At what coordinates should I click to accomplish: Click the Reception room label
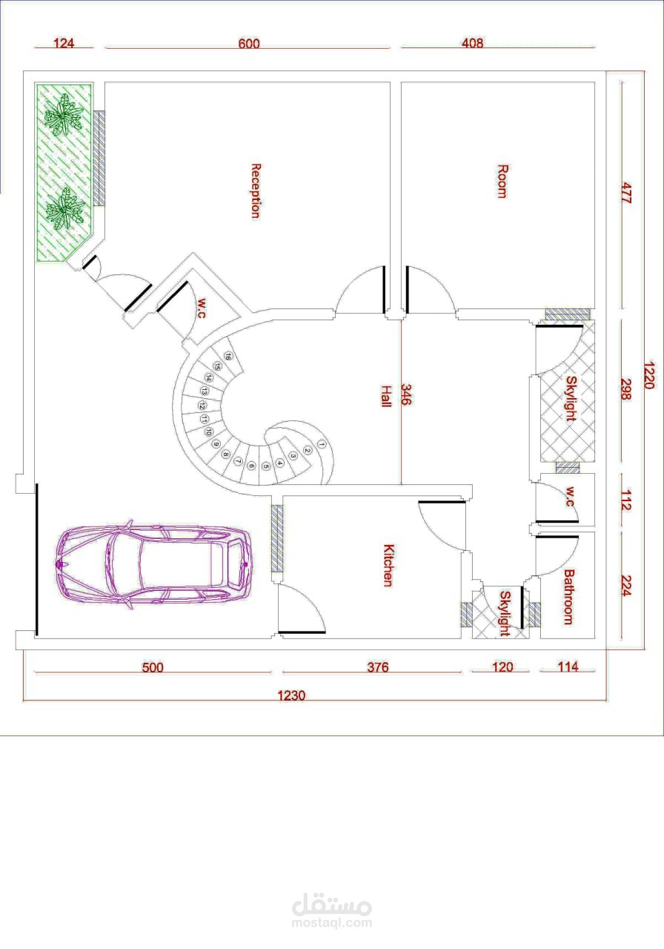[x=256, y=191]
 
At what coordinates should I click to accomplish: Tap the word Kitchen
[x=388, y=565]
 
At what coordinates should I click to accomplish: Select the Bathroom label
[x=568, y=597]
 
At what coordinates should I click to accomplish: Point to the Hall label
[x=385, y=396]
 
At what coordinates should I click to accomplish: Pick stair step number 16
[x=228, y=357]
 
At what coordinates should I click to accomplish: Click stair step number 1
[x=322, y=445]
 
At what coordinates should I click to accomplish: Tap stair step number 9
[x=216, y=444]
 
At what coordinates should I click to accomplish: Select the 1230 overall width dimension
[x=291, y=695]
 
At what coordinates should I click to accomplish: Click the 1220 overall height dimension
[x=649, y=375]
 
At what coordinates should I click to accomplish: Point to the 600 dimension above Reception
[x=248, y=43]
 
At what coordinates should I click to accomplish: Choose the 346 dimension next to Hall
[x=405, y=394]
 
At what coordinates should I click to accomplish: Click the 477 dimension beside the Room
[x=626, y=194]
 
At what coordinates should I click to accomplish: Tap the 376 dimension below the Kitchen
[x=378, y=667]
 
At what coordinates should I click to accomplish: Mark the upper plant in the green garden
[x=64, y=114]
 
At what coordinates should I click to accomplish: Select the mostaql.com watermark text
[x=331, y=923]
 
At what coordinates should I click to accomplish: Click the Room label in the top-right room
[x=502, y=182]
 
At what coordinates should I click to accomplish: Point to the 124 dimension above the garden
[x=64, y=43]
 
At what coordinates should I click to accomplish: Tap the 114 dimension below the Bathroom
[x=568, y=667]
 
